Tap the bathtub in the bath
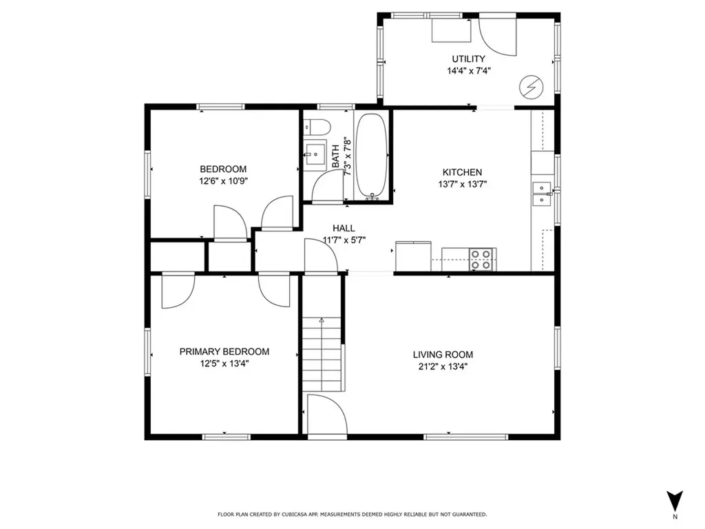tap(371, 156)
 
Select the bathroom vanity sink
tap(315, 155)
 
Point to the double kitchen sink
tap(543, 194)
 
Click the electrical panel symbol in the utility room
tap(531, 87)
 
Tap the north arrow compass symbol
tap(675, 501)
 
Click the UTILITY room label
tap(468, 59)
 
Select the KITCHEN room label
tap(462, 172)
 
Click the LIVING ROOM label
tap(443, 355)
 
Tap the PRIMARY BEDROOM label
tap(224, 351)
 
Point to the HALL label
tap(344, 228)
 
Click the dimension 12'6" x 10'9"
tap(224, 181)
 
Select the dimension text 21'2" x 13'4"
tap(443, 366)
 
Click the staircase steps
tap(322, 354)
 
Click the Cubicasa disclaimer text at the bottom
tap(352, 514)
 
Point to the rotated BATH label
tap(336, 156)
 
